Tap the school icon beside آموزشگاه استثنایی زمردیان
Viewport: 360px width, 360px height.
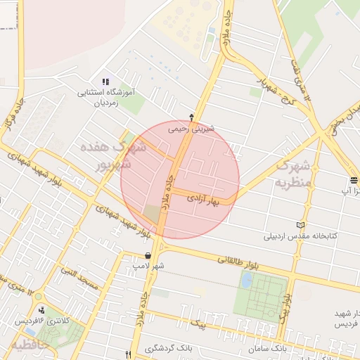coord(106,82)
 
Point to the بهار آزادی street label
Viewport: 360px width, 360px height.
coord(204,200)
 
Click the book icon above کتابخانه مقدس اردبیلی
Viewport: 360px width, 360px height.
coord(302,224)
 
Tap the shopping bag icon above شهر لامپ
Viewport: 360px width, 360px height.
coord(148,256)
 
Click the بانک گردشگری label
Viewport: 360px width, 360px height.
coord(169,349)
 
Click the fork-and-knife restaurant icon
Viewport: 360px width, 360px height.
coord(127,354)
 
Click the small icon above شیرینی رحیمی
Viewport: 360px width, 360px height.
coord(192,117)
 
